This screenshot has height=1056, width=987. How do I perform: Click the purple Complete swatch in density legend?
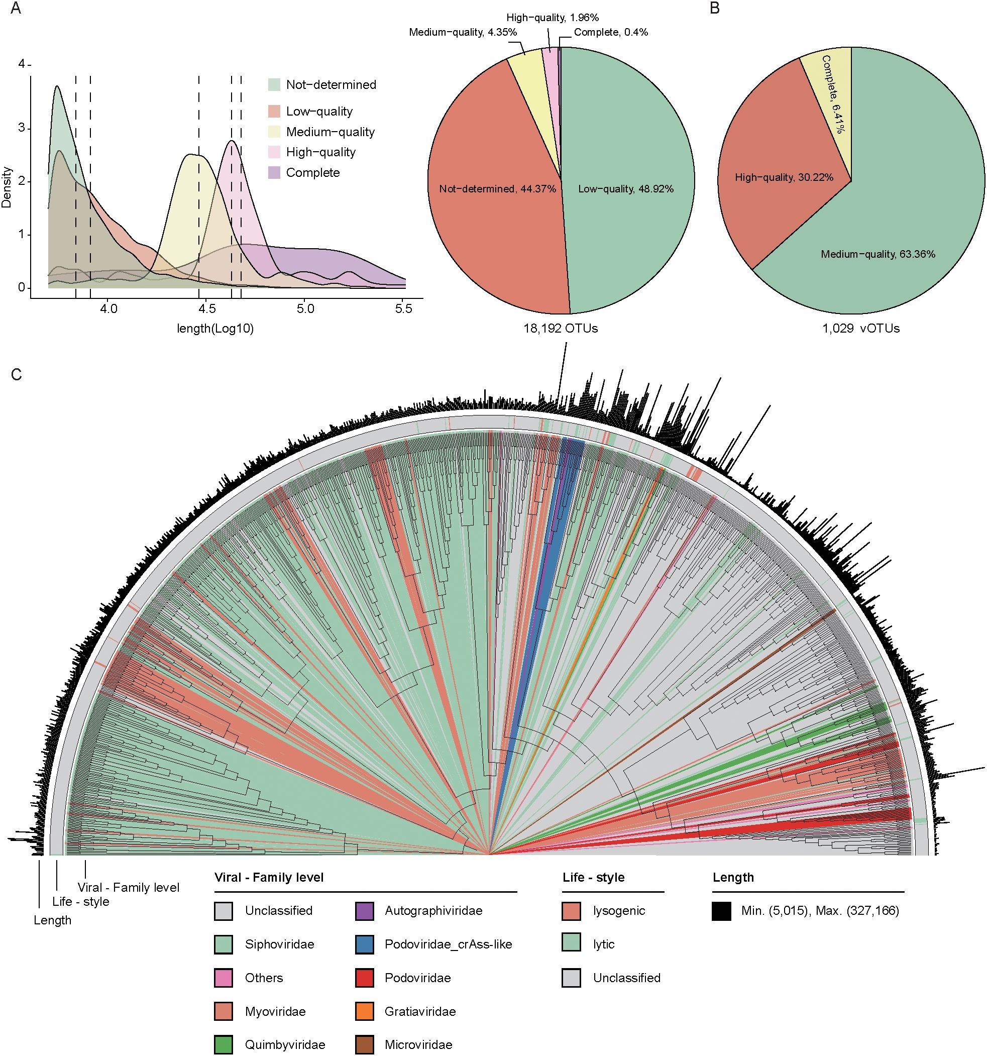pyautogui.click(x=274, y=173)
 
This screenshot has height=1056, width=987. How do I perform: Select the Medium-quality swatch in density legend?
pyautogui.click(x=274, y=132)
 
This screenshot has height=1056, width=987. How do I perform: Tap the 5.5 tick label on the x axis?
pyautogui.click(x=404, y=309)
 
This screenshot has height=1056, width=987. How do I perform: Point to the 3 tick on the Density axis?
pyautogui.click(x=22, y=129)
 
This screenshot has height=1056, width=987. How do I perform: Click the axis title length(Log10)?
pyautogui.click(x=215, y=329)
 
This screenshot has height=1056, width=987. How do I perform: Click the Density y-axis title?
pyautogui.click(x=7, y=186)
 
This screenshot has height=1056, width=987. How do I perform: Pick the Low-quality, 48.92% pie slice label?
pyautogui.click(x=626, y=189)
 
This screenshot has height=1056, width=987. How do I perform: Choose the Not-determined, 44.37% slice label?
pyautogui.click(x=497, y=189)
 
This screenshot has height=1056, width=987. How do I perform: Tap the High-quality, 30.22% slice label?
pyautogui.click(x=784, y=177)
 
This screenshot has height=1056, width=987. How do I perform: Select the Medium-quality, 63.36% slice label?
pyautogui.click(x=878, y=254)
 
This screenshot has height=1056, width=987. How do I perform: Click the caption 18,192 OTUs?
pyautogui.click(x=561, y=329)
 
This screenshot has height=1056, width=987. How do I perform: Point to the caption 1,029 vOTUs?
pyautogui.click(x=861, y=329)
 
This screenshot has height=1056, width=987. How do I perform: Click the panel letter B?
pyautogui.click(x=715, y=9)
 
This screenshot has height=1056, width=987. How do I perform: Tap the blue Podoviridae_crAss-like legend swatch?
pyautogui.click(x=365, y=944)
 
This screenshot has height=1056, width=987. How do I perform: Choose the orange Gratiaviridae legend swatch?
pyautogui.click(x=365, y=1011)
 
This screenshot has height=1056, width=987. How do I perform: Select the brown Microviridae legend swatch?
pyautogui.click(x=365, y=1045)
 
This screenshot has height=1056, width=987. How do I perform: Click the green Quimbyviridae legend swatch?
pyautogui.click(x=224, y=1045)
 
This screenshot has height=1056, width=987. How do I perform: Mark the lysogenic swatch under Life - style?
pyautogui.click(x=571, y=911)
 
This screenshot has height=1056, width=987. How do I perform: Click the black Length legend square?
pyautogui.click(x=721, y=911)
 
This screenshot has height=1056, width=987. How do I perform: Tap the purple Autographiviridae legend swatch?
pyautogui.click(x=365, y=911)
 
